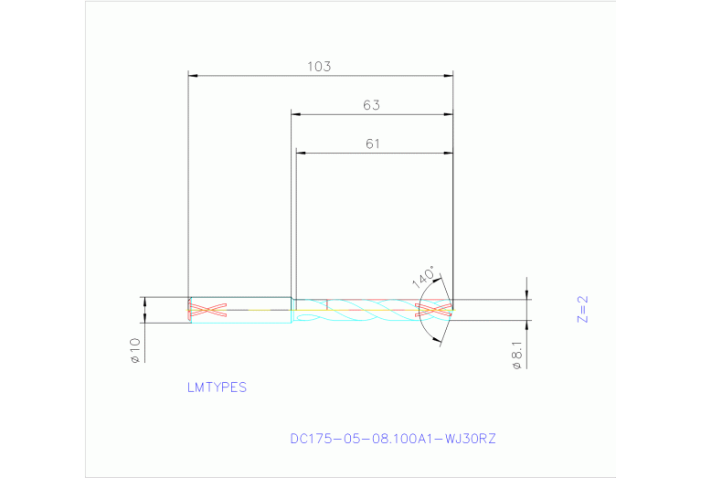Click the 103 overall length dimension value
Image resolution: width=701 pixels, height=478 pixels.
click(318, 67)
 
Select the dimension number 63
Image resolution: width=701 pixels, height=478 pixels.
click(371, 105)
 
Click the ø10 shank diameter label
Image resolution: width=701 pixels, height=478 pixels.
click(134, 350)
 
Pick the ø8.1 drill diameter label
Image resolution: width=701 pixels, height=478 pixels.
click(517, 354)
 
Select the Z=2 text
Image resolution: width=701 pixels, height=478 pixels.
click(583, 309)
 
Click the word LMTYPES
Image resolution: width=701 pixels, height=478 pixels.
click(217, 388)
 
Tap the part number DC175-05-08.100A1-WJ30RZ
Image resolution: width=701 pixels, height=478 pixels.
click(393, 439)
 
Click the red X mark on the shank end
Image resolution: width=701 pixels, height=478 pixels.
click(207, 310)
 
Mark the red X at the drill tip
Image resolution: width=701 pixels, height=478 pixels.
click(435, 310)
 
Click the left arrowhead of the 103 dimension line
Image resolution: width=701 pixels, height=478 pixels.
click(193, 75)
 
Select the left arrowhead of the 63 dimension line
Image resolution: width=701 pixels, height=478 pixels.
click(296, 114)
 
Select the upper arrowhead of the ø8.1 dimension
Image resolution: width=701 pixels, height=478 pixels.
click(527, 294)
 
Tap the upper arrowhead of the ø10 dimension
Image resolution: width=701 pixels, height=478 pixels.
click(144, 301)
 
